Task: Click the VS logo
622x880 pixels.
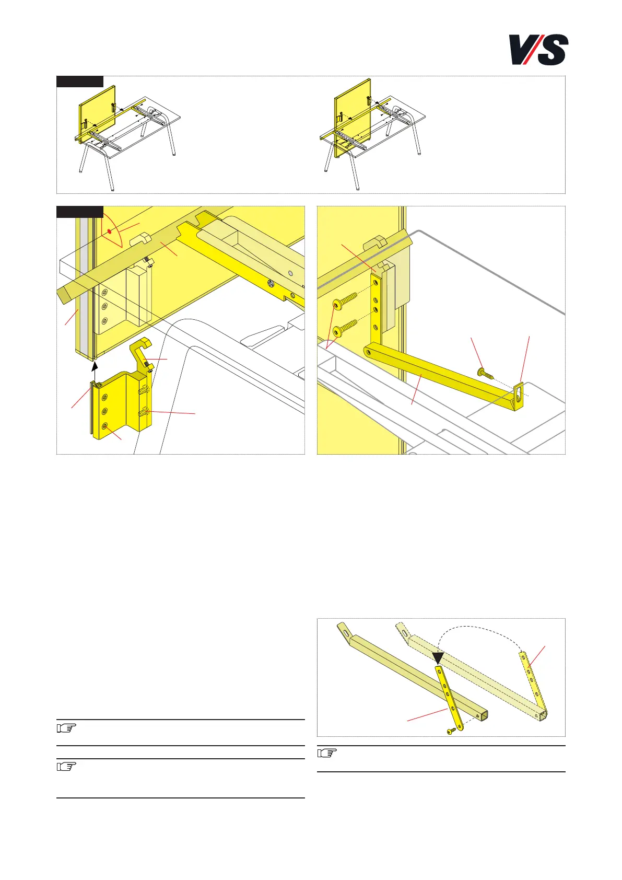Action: coord(538,50)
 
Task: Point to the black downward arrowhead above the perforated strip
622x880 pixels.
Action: coord(438,658)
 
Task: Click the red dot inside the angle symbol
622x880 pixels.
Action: coord(109,232)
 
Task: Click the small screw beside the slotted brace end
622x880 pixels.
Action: coord(485,374)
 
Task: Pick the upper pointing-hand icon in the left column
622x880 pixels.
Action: coord(66,728)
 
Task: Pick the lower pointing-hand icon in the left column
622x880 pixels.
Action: coord(66,767)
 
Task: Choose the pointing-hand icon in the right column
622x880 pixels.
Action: coord(327,753)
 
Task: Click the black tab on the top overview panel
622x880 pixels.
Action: coord(80,82)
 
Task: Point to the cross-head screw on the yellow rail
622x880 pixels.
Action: coord(271,282)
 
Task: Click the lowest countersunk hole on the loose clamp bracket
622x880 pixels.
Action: coord(104,426)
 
